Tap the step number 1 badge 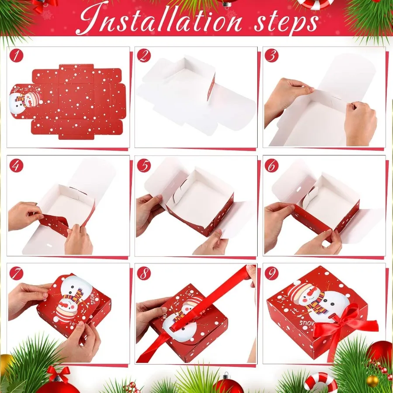16,56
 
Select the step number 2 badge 144,56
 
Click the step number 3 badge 272,56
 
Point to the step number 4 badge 16,165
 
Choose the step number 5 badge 144,165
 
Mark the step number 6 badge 272,165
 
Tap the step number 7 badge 16,273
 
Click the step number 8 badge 144,273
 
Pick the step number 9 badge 272,273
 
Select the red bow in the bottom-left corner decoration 59,373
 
